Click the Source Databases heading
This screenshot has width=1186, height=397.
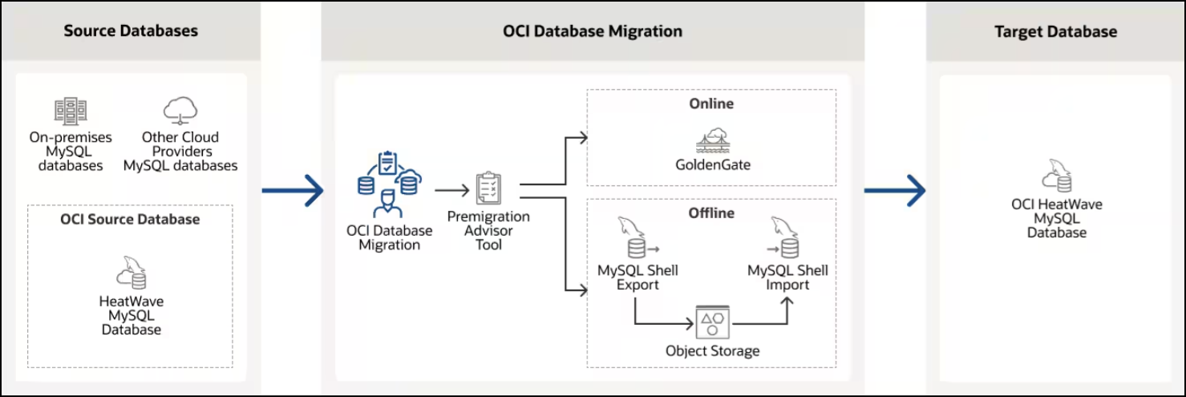[131, 31]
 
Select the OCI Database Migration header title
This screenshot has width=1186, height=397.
[593, 31]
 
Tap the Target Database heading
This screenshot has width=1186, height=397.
[1055, 32]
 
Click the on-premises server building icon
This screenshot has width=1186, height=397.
[70, 111]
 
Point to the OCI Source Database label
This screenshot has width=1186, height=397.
[130, 219]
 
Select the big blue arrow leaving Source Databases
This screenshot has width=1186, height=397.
[292, 191]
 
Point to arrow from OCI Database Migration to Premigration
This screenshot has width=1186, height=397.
[451, 191]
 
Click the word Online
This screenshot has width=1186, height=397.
[711, 103]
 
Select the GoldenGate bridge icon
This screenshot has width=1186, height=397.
[711, 140]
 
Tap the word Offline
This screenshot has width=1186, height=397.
[711, 213]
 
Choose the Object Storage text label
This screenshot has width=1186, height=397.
[712, 351]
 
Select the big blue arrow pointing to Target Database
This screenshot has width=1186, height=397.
[895, 191]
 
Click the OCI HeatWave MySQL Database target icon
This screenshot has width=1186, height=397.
[1056, 175]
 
